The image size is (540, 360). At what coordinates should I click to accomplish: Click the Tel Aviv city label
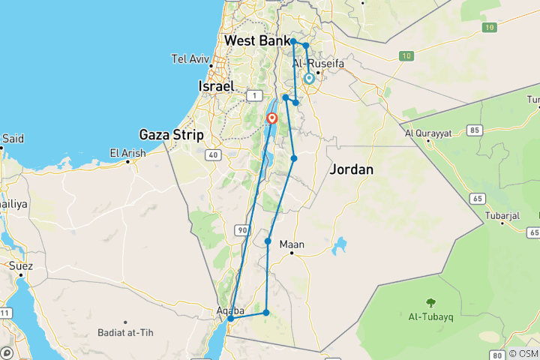[189, 58]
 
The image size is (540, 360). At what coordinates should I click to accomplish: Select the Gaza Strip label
[172, 135]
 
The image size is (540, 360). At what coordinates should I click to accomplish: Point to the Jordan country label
[351, 170]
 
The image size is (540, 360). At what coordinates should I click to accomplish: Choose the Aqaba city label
[231, 308]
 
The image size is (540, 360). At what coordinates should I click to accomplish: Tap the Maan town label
[292, 244]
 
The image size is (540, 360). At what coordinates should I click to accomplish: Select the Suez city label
[21, 265]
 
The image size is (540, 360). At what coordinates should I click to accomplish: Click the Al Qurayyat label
[428, 133]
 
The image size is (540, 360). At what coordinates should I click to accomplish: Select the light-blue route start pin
[309, 78]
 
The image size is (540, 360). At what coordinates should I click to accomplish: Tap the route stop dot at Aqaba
[231, 319]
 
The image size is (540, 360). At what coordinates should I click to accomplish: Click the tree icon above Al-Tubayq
[430, 304]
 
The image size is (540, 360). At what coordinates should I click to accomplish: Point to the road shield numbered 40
[213, 155]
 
